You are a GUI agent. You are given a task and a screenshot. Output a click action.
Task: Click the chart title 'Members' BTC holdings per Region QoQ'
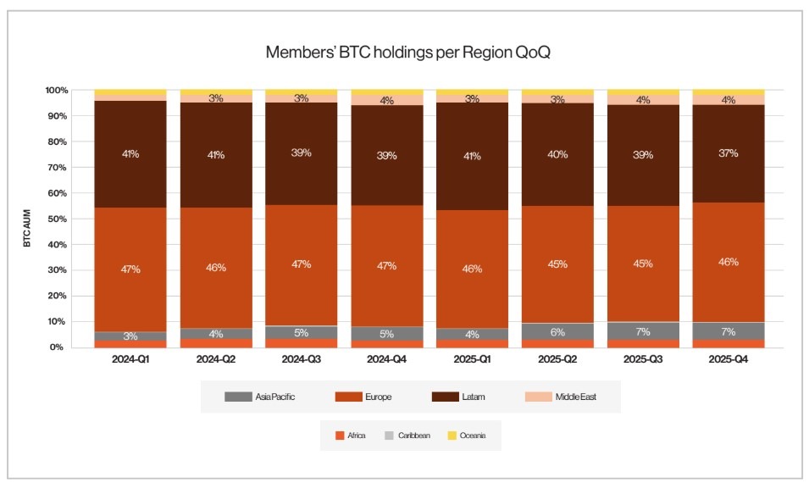pyautogui.click(x=407, y=52)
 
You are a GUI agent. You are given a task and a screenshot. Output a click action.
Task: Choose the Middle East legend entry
pyautogui.click(x=563, y=396)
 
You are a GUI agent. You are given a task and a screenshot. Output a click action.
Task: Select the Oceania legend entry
pyautogui.click(x=465, y=436)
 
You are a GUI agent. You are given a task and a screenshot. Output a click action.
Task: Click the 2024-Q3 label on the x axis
pyautogui.click(x=301, y=359)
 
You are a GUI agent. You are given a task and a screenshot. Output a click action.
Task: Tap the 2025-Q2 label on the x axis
pyautogui.click(x=557, y=359)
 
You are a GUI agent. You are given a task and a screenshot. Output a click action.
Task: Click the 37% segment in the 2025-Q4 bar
pyautogui.click(x=728, y=153)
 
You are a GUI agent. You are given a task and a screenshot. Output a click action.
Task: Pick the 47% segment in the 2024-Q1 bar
pyautogui.click(x=130, y=269)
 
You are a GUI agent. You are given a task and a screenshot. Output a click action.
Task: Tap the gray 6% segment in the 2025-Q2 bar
pyautogui.click(x=557, y=331)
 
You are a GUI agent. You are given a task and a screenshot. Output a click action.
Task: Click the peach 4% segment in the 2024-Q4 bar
pyautogui.click(x=386, y=100)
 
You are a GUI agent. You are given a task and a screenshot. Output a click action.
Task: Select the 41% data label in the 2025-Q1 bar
pyautogui.click(x=472, y=155)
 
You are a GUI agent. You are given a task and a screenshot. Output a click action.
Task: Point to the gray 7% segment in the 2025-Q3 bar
pyautogui.click(x=642, y=330)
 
